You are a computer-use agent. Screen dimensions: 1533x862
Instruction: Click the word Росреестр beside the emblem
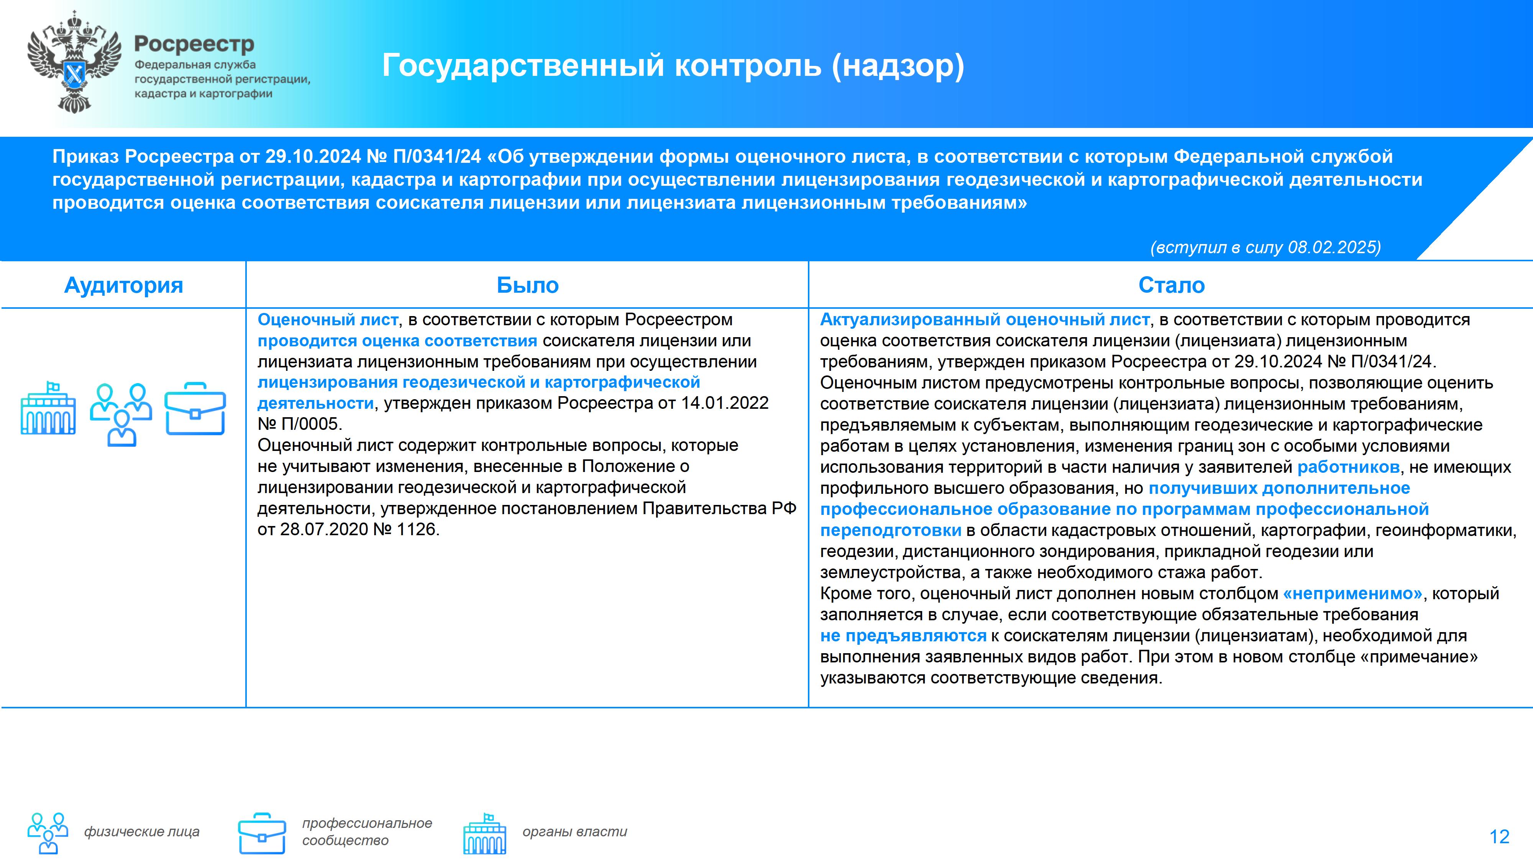194,44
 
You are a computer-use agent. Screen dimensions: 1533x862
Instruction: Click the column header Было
528,285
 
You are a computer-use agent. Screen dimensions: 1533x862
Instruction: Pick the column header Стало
1172,285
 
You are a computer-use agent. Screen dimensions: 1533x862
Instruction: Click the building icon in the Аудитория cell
48,408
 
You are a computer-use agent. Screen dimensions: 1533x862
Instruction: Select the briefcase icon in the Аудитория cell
195,409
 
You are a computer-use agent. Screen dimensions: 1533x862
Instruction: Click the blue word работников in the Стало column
1348,467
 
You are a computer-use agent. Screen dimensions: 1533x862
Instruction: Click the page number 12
1499,837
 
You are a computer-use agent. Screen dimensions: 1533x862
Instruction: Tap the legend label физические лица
142,832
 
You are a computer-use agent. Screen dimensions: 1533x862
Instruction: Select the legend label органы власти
575,832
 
